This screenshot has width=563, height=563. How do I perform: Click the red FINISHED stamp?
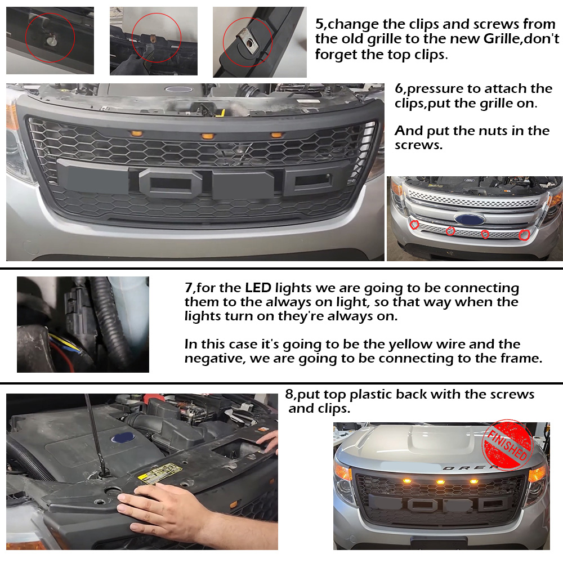pyautogui.click(x=507, y=445)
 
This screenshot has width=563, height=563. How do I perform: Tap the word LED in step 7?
pyautogui.click(x=258, y=288)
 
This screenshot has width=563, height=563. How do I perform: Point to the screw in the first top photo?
pyautogui.click(x=52, y=41)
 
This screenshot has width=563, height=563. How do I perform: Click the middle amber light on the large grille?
pyautogui.click(x=208, y=136)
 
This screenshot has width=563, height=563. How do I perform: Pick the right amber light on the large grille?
pyautogui.click(x=276, y=135)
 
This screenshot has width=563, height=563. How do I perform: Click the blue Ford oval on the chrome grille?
pyautogui.click(x=470, y=218)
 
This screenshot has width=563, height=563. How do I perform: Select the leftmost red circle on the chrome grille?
pyautogui.click(x=414, y=225)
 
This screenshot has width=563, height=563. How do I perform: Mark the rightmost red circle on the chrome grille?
pyautogui.click(x=525, y=235)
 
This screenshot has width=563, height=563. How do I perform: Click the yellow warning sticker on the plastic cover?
pyautogui.click(x=160, y=473)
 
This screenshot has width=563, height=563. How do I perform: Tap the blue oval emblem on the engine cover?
pyautogui.click(x=123, y=437)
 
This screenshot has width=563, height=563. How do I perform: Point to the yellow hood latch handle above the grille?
pyautogui.click(x=220, y=113)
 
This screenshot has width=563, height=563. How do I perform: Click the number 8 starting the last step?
pyautogui.click(x=289, y=394)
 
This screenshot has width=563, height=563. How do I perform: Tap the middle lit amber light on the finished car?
pyautogui.click(x=441, y=482)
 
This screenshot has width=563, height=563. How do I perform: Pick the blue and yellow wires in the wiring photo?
pyautogui.click(x=65, y=343)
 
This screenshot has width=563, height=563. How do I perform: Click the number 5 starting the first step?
pyautogui.click(x=319, y=24)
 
